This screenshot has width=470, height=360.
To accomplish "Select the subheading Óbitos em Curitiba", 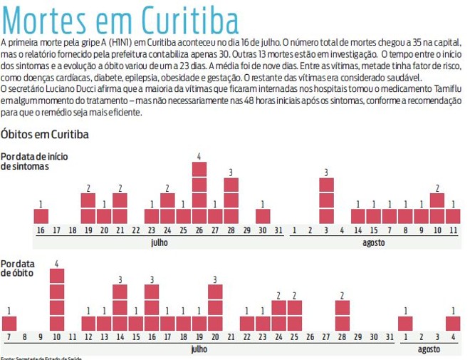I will (x=45, y=135).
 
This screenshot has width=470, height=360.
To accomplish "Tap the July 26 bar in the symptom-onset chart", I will (x=199, y=193).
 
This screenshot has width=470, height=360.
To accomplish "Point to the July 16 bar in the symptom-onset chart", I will (x=41, y=216).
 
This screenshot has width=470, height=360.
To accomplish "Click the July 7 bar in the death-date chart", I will (x=9, y=323).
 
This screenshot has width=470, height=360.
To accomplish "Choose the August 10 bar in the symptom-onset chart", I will (x=437, y=208).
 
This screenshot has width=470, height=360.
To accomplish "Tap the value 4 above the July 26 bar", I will (x=199, y=157).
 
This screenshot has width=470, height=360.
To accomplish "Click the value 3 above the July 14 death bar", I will (x=120, y=279).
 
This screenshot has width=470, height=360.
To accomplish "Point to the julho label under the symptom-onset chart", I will (x=160, y=242).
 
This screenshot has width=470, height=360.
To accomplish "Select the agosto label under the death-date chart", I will (x=429, y=349).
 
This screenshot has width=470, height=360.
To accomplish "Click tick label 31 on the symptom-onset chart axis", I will (x=278, y=230).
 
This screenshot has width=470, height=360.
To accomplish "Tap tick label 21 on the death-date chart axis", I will (x=231, y=337).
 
